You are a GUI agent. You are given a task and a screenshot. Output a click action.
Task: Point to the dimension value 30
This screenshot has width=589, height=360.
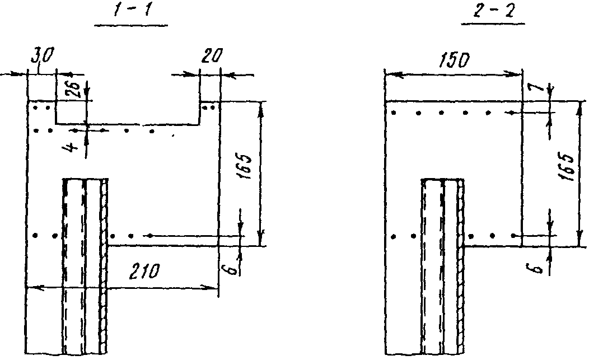[43, 55]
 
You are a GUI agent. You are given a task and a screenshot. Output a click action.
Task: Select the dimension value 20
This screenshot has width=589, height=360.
[211, 55]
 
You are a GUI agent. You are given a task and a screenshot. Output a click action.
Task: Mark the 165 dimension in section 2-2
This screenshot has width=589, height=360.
[567, 167]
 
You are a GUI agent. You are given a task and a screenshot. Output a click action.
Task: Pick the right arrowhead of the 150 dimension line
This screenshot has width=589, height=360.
[517, 73]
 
